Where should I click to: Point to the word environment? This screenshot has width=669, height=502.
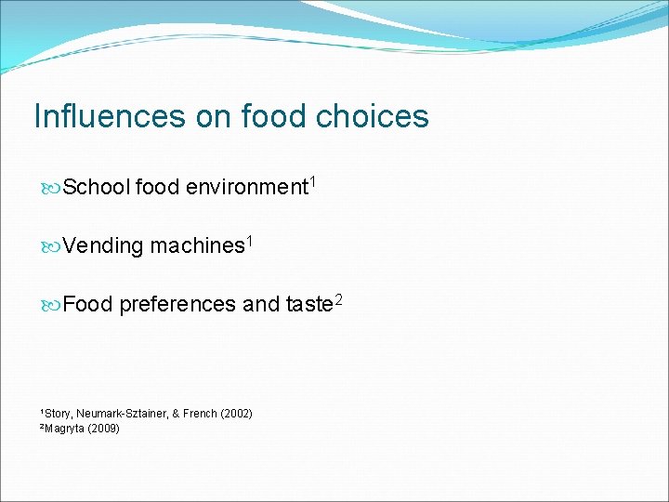click(246, 187)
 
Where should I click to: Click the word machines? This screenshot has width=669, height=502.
click(197, 245)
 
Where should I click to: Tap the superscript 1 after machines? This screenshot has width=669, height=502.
click(248, 241)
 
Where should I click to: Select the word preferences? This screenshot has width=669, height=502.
click(177, 304)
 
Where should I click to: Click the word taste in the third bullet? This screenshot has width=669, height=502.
click(308, 304)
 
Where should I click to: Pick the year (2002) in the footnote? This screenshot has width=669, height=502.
click(236, 413)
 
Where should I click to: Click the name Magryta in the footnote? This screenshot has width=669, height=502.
click(64, 429)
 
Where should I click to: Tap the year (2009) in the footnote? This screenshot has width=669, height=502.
click(103, 429)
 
